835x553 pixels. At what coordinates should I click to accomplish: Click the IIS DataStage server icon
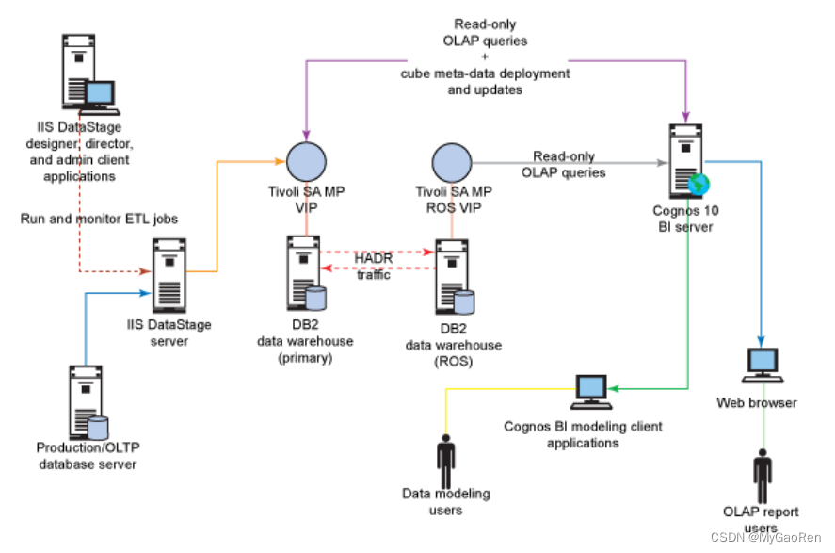169,273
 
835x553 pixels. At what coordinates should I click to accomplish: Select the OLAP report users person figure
763,477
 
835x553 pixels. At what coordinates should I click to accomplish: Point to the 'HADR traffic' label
373,266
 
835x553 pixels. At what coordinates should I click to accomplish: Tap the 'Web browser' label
757,403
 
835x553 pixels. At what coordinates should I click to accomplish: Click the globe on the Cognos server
699,182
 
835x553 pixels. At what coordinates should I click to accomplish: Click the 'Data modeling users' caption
445,501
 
